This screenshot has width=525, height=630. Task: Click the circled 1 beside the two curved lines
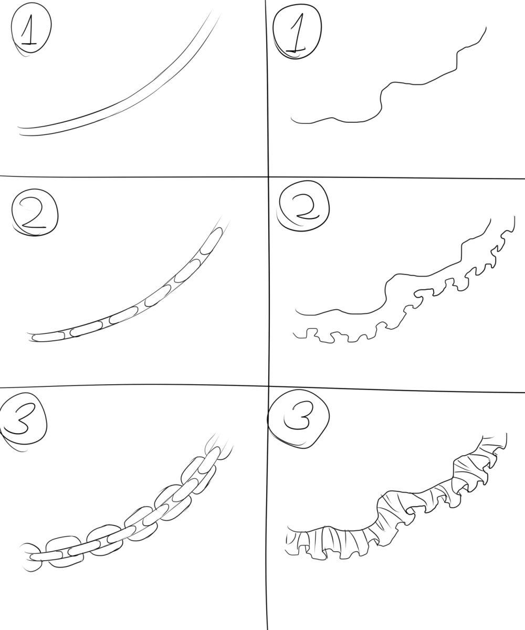(31, 29)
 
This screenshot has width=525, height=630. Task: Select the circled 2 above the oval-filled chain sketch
(35, 212)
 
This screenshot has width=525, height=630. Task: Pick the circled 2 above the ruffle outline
(303, 206)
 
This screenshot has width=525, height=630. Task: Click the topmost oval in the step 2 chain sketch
(211, 240)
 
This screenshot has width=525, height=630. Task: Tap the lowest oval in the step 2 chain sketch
(48, 337)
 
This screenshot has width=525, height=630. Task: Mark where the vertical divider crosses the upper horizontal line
(268, 176)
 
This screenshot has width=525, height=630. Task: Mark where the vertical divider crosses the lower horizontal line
(268, 385)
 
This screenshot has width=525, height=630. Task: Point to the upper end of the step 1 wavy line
(486, 27)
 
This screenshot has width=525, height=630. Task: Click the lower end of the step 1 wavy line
(291, 117)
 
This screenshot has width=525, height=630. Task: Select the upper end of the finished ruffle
(506, 434)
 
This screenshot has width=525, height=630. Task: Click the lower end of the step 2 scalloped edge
(293, 333)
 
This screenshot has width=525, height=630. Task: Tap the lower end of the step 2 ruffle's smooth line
(296, 309)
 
